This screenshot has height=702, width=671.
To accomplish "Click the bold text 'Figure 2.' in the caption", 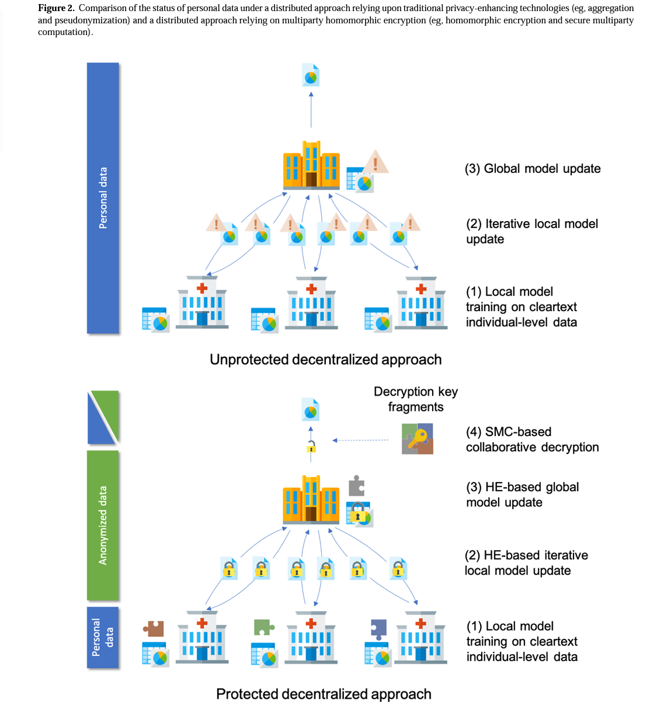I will pyautogui.click(x=56, y=8).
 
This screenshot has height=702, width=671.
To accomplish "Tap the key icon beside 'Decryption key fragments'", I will pyautogui.click(x=418, y=439).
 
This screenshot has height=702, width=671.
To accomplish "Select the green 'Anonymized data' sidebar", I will pyautogui.click(x=103, y=525).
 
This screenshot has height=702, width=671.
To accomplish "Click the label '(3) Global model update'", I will pyautogui.click(x=533, y=169).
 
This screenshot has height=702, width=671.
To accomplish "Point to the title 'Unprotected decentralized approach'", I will pyautogui.click(x=325, y=359).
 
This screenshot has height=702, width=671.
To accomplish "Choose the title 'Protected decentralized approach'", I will pyautogui.click(x=324, y=694).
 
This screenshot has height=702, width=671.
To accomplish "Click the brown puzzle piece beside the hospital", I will pyautogui.click(x=154, y=628).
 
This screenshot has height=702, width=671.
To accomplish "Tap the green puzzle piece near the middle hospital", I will pyautogui.click(x=263, y=627).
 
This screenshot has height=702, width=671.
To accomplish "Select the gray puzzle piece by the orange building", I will pyautogui.click(x=356, y=486).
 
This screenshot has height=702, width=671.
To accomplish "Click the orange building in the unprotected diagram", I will pyautogui.click(x=311, y=165).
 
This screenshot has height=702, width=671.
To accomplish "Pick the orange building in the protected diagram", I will pyautogui.click(x=311, y=500).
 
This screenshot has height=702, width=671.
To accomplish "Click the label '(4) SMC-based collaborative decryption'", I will pyautogui.click(x=532, y=439).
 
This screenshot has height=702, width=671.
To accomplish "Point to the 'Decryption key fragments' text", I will pyautogui.click(x=416, y=399).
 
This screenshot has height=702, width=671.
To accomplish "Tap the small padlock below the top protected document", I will pyautogui.click(x=311, y=448).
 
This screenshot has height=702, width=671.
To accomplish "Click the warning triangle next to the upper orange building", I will pyautogui.click(x=376, y=162).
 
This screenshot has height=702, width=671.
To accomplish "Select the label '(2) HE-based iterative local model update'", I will pyautogui.click(x=526, y=563).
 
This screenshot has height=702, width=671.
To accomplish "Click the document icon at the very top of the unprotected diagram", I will pyautogui.click(x=311, y=75).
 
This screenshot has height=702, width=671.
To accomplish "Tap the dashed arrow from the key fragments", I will pyautogui.click(x=360, y=441).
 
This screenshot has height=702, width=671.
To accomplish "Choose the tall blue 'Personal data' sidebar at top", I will pyautogui.click(x=103, y=198).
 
